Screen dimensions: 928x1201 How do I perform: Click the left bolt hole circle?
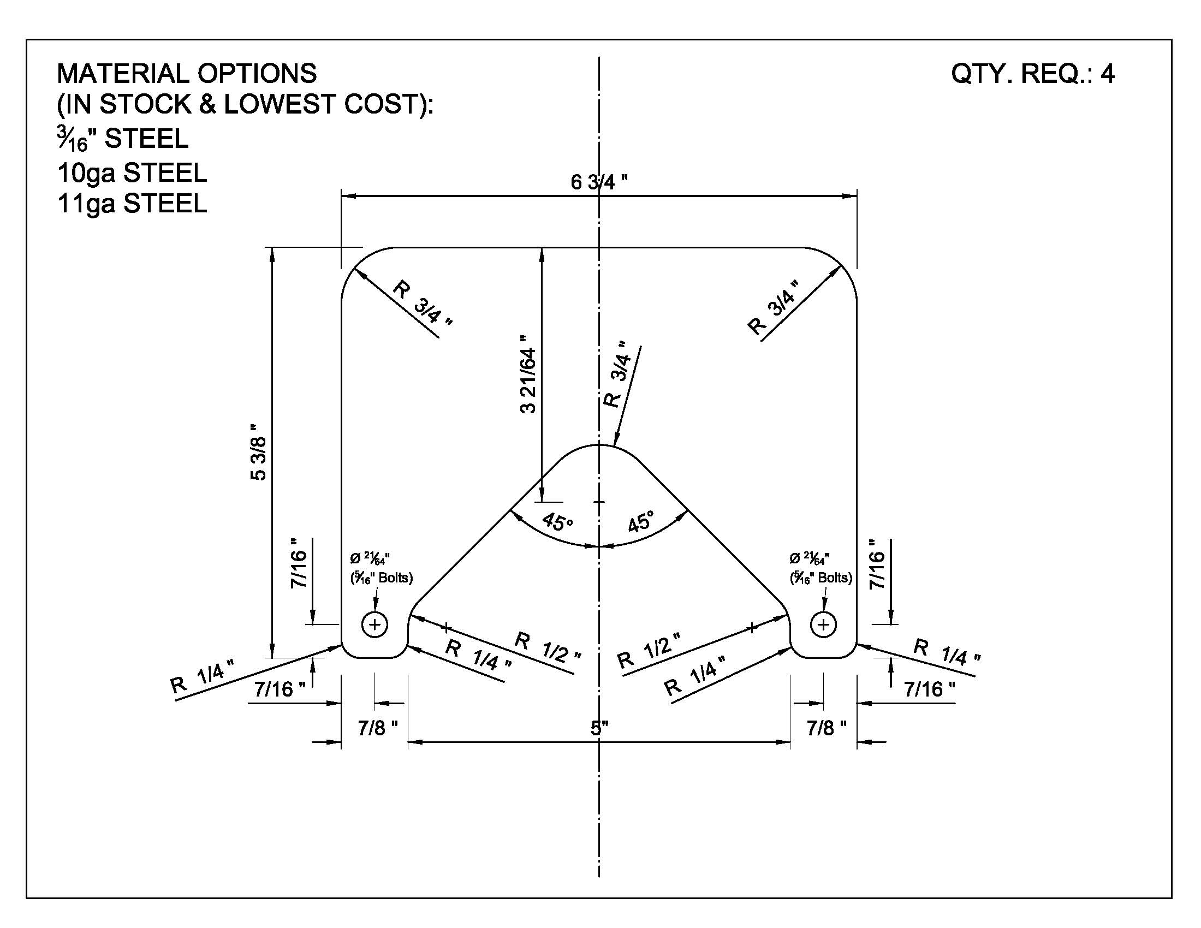pos(374,624)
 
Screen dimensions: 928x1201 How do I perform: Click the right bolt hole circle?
pos(823,624)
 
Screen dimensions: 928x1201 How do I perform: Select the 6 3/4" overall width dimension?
pos(599,181)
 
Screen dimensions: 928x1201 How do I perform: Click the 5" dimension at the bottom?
pos(599,728)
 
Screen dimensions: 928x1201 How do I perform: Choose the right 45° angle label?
pos(641,521)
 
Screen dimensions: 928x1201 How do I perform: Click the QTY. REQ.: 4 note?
pos(1032,74)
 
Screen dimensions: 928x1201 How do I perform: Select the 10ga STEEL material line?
pos(132,172)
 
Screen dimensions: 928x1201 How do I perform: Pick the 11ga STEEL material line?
pos(132,204)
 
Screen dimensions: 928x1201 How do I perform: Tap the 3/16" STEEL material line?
pos(123,139)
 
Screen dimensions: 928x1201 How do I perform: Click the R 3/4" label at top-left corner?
pos(423,303)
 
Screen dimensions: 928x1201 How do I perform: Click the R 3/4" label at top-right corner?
pos(773,307)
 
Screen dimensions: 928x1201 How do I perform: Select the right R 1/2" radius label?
pos(649,651)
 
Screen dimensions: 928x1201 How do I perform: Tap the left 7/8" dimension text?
pos(378,728)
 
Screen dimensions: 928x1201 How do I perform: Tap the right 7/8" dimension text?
pos(827,728)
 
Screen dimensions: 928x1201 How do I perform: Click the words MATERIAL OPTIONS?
pos(187,74)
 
